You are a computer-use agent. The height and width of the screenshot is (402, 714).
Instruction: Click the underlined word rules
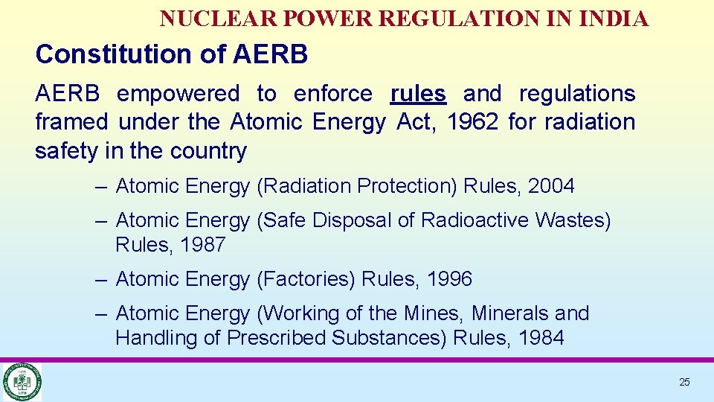click(x=418, y=94)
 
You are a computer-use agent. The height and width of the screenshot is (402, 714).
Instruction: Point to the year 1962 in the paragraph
click(x=472, y=122)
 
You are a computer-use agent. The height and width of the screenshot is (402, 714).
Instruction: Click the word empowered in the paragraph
click(x=178, y=94)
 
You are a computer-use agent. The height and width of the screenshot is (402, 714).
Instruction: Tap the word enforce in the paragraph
click(x=332, y=94)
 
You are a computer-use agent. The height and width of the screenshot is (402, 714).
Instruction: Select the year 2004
click(x=551, y=186)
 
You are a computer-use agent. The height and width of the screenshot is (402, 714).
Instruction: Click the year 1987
click(x=202, y=245)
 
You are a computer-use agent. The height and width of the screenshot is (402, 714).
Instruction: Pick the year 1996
click(x=449, y=279)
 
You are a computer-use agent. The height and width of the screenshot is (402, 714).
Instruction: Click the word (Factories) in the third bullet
click(x=306, y=279)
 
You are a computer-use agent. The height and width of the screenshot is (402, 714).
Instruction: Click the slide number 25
click(x=684, y=382)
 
